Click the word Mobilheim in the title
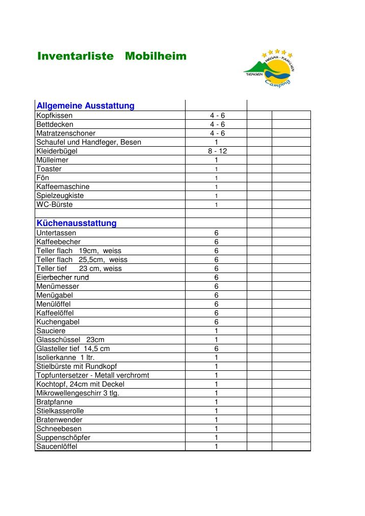click(155, 57)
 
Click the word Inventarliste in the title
click(75, 57)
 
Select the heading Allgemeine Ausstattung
click(85, 106)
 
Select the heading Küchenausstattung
click(76, 223)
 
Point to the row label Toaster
click(49, 169)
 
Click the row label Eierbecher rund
click(62, 278)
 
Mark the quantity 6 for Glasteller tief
click(216, 349)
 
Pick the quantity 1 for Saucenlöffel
click(216, 447)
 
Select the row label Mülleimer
click(52, 160)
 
